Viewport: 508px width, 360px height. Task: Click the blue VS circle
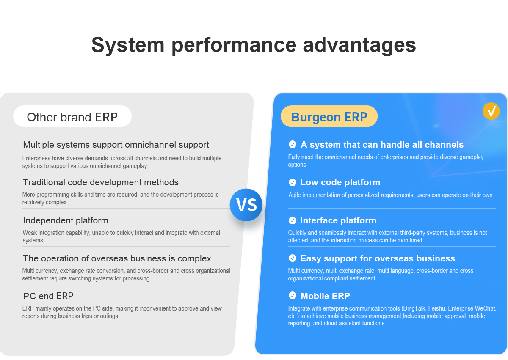click(246, 205)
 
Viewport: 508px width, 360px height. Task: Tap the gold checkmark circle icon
click(491, 111)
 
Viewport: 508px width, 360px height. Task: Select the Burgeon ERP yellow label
click(329, 116)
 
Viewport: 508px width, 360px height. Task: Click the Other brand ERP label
click(72, 116)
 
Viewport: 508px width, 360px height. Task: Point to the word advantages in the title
click(359, 45)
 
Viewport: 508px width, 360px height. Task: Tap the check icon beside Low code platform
click(293, 182)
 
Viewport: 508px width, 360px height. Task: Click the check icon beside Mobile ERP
click(293, 295)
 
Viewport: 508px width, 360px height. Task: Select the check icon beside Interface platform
click(293, 220)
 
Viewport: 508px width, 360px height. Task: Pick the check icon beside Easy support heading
click(293, 258)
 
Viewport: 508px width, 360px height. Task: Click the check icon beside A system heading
click(293, 144)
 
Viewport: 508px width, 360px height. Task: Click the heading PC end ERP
click(48, 296)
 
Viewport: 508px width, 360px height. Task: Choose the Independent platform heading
click(66, 220)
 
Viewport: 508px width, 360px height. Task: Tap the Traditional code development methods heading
click(101, 182)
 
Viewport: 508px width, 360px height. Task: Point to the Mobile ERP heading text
click(325, 296)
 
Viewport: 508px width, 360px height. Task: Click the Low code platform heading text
click(340, 182)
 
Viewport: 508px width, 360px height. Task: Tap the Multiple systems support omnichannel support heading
click(116, 145)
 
